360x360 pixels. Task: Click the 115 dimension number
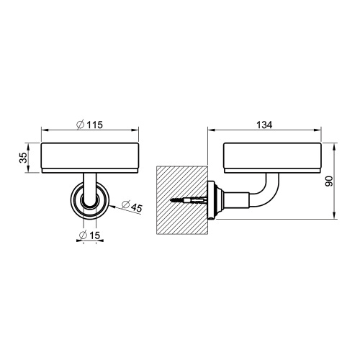tap(94, 125)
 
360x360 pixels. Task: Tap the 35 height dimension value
tap(24, 158)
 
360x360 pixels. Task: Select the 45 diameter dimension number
tap(137, 208)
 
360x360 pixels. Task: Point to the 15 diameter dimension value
tap(94, 235)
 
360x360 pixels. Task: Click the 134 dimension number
tap(264, 125)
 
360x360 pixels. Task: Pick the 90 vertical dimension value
tap(329, 181)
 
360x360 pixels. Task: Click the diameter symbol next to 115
tap(80, 125)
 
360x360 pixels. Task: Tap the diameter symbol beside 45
tap(125, 204)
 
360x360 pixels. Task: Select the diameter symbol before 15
tap(83, 235)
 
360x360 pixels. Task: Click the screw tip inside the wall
tap(170, 199)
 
